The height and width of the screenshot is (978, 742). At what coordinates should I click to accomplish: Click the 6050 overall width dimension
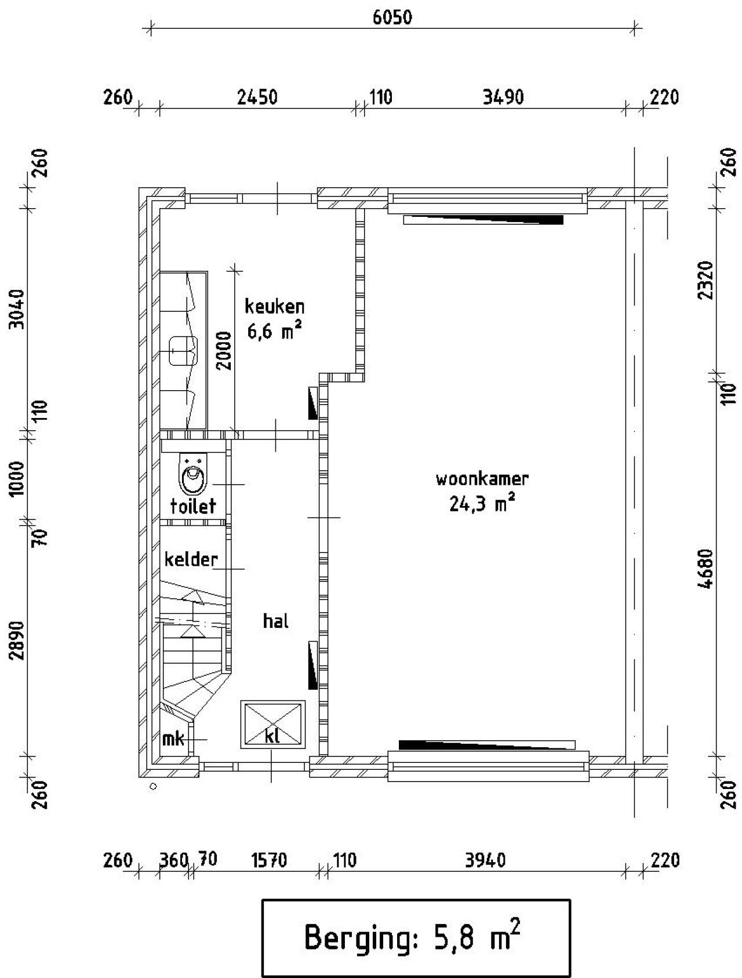pos(392,17)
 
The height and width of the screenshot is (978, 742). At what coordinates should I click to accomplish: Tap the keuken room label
pos(274,306)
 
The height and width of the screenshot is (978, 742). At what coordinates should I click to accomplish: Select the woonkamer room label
pos(482,479)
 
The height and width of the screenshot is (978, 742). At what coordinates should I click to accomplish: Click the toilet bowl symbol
pos(193,475)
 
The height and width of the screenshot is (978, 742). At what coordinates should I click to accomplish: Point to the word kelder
pos(191,559)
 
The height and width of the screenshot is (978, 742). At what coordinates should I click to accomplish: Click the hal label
pos(275,621)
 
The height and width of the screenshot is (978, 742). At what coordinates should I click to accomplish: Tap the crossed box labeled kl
pos(272,725)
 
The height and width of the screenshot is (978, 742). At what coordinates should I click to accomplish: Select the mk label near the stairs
pos(173,739)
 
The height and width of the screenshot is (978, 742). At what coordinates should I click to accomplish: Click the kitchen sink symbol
pos(183,351)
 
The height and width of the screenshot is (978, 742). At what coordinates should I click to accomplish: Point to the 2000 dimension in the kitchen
pos(224,350)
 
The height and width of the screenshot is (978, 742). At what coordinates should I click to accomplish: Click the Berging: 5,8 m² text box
pos(416,937)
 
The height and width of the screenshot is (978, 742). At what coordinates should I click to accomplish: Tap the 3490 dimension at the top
pos(503,97)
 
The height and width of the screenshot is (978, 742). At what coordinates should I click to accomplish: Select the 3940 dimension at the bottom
pos(485,860)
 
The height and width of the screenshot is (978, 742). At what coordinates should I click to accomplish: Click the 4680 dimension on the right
pos(706,569)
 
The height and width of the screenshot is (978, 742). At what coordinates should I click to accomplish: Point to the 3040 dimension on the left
pos(17,309)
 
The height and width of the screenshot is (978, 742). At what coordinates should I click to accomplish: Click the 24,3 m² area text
pos(482,503)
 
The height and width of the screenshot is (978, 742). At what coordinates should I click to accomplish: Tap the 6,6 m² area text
pos(274,332)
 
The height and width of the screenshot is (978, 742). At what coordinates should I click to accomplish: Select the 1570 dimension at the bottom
pos(269,860)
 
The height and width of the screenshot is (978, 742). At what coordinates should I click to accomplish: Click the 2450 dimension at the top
pos(257,97)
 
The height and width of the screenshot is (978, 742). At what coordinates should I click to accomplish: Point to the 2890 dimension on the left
pos(17,640)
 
